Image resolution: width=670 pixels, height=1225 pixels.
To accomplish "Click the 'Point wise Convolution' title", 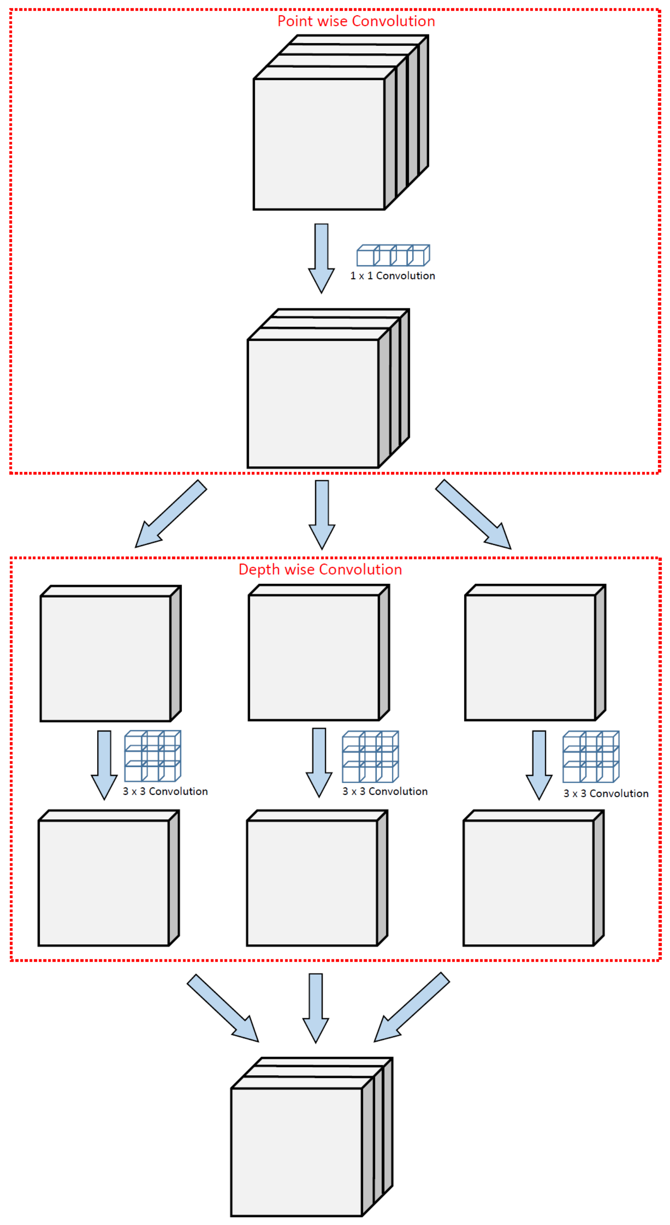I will (x=356, y=21).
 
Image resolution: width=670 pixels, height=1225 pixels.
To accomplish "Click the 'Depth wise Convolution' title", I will (x=320, y=569).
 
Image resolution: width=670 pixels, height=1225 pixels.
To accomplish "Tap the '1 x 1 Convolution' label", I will (x=392, y=276).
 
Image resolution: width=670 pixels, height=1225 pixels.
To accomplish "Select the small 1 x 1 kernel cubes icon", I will (x=393, y=255).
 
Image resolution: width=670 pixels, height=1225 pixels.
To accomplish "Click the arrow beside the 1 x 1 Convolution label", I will (x=321, y=257).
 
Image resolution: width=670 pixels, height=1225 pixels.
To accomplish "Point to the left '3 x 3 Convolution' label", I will (x=165, y=791).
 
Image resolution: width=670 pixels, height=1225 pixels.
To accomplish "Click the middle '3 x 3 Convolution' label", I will (x=385, y=791).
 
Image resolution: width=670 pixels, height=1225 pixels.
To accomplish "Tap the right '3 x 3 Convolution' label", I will (x=606, y=793).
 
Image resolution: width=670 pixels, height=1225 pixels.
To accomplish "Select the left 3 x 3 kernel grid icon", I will (x=152, y=756).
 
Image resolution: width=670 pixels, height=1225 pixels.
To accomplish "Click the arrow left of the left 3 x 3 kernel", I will (x=104, y=764).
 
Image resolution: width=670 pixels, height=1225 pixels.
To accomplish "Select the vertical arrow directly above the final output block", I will (x=316, y=1006).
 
